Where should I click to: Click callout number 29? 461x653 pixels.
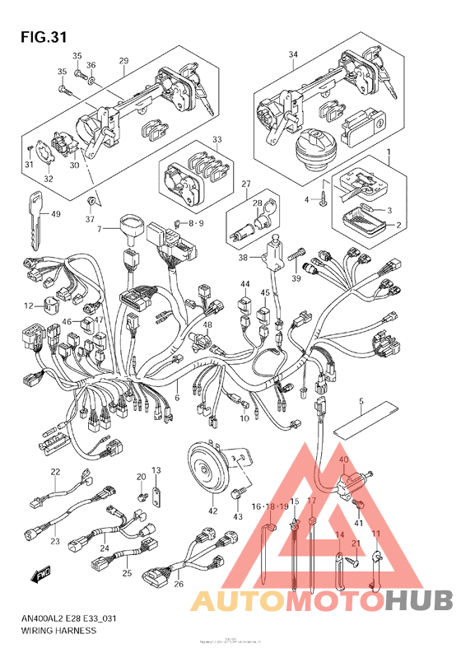(x=124, y=62)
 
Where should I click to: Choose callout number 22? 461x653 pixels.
(x=55, y=472)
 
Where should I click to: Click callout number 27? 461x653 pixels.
(x=244, y=184)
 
